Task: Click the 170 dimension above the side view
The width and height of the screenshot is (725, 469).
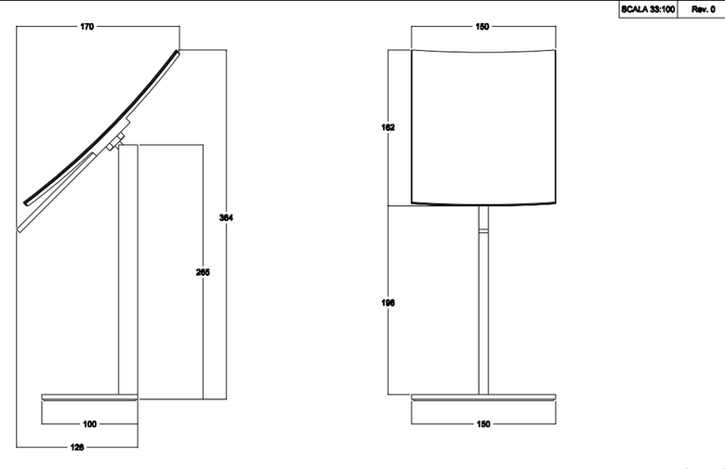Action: click(87, 27)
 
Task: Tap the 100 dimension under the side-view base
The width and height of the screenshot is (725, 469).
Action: click(90, 424)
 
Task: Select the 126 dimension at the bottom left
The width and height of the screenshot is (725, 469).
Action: click(77, 448)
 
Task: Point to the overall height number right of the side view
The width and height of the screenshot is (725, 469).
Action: click(226, 217)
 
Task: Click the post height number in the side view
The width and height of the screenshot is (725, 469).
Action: click(203, 273)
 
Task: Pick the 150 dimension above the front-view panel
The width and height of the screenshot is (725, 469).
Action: click(482, 27)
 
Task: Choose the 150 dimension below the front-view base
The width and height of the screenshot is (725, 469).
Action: click(483, 424)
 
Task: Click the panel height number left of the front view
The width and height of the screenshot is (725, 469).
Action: click(389, 127)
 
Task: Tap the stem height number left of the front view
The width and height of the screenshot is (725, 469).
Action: click(389, 303)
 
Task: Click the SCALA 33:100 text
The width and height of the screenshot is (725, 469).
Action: click(648, 9)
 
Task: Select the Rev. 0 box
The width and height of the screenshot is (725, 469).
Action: click(701, 9)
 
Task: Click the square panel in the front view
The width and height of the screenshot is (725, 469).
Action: click(483, 127)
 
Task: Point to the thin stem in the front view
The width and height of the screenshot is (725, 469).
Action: click(483, 300)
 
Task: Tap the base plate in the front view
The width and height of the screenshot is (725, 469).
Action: click(483, 397)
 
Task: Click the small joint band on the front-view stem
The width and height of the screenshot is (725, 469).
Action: click(483, 230)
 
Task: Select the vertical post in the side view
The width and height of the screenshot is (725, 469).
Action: click(128, 270)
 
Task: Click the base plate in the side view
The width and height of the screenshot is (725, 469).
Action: click(90, 397)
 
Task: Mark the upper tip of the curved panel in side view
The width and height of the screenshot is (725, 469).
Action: click(178, 51)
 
